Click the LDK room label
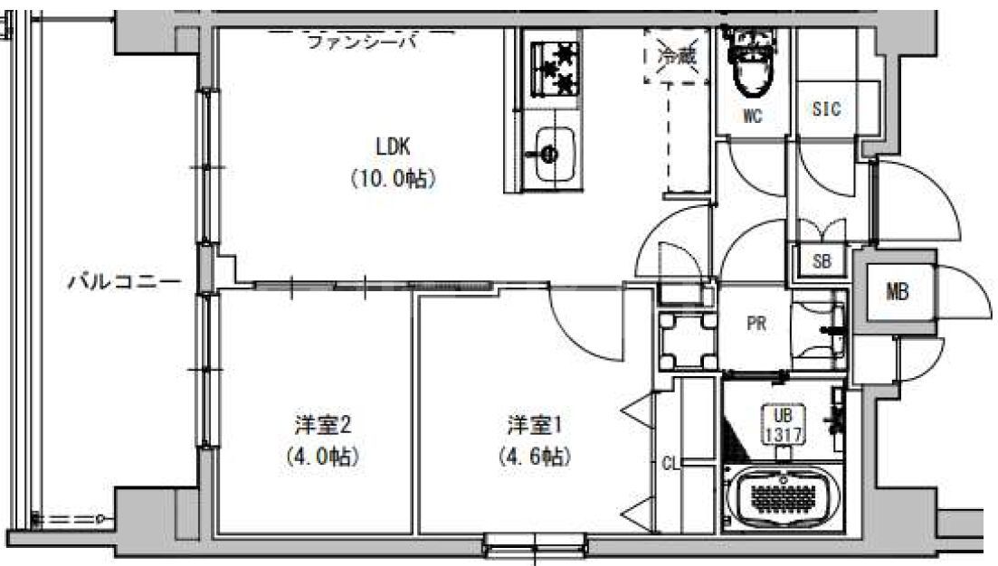click(393, 145)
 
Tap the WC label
click(753, 117)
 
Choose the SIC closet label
click(825, 109)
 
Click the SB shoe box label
click(822, 262)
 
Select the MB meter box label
click(897, 292)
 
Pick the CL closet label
click(670, 465)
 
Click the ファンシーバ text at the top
click(362, 42)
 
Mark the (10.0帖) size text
click(393, 178)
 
